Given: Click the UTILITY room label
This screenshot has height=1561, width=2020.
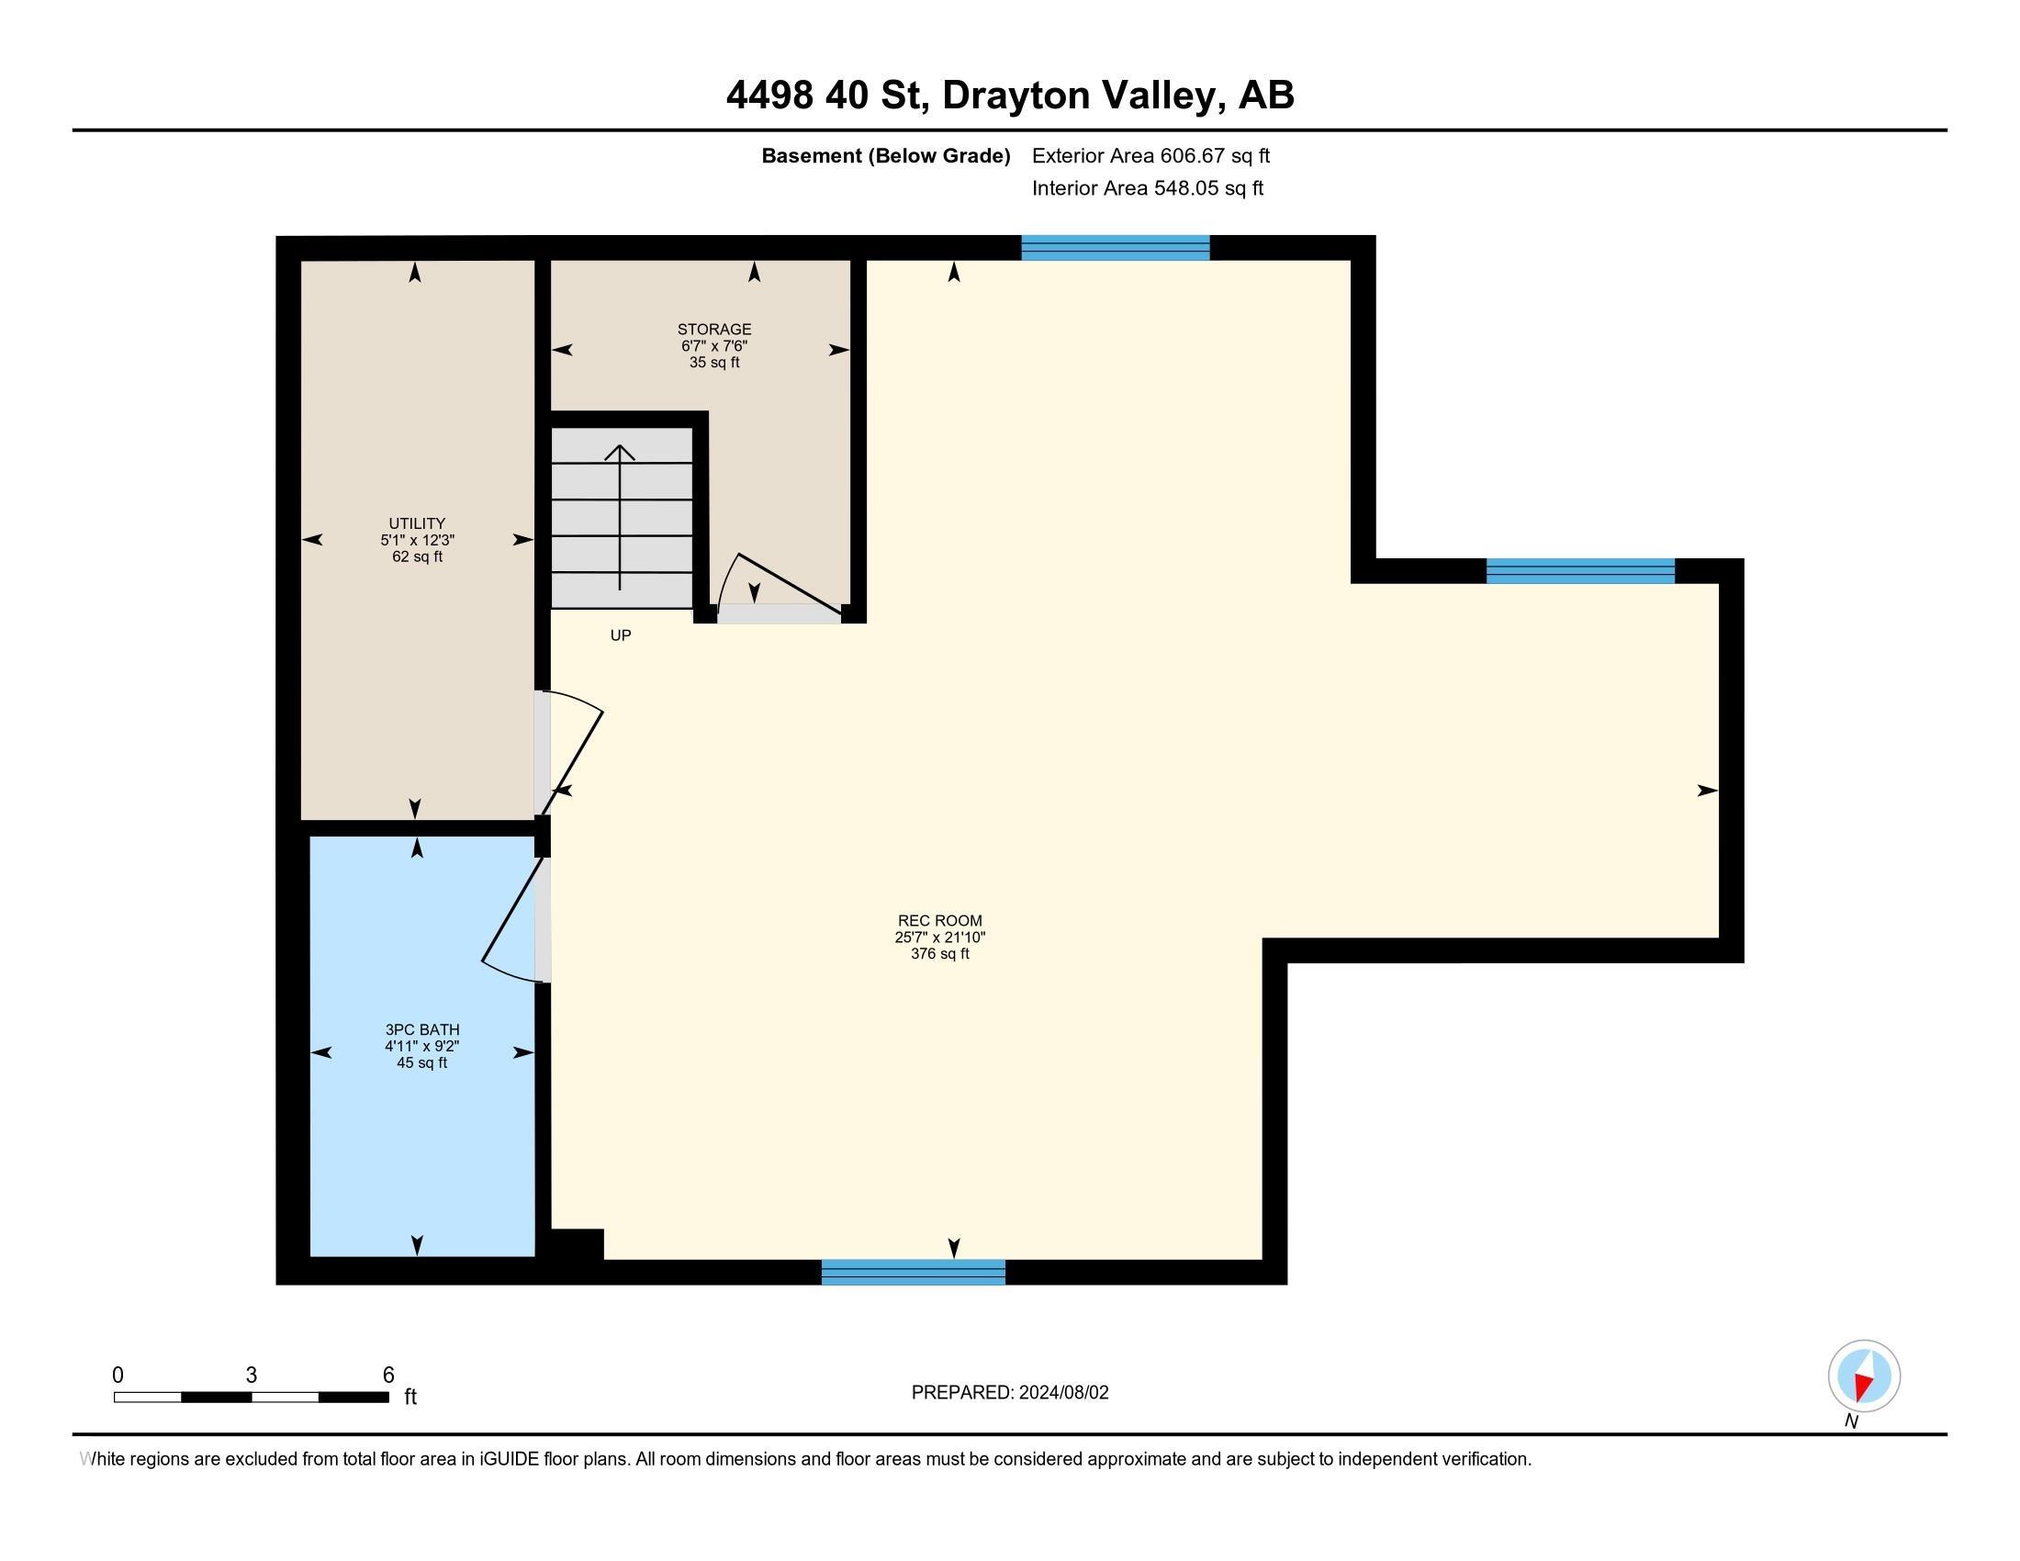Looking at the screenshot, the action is [x=417, y=523].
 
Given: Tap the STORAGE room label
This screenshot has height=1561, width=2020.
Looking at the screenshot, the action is [x=714, y=330].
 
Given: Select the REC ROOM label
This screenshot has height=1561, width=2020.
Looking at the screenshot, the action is [x=939, y=920].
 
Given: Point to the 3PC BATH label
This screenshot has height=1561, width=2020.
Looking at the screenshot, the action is [x=421, y=1029].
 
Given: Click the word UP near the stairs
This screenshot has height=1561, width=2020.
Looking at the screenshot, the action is [x=621, y=635].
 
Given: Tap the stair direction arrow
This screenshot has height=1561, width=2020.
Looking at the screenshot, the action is [x=620, y=517].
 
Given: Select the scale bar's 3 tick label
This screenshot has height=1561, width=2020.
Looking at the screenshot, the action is [x=251, y=1376].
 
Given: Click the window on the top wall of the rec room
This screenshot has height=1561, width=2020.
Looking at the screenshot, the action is [x=1116, y=248].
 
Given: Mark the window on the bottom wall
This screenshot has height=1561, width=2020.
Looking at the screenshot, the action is [x=913, y=1272].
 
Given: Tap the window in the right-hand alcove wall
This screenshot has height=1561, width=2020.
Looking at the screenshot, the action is [x=1581, y=570].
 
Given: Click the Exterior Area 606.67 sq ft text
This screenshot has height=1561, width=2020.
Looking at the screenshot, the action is [x=1150, y=156].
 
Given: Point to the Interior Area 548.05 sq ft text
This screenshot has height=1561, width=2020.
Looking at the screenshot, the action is [x=1147, y=188].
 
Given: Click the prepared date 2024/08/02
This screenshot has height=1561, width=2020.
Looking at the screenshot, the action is [x=1063, y=1393].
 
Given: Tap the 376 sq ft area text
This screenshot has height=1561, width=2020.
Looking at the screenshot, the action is [x=939, y=953].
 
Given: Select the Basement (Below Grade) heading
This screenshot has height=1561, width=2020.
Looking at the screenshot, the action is [x=885, y=156].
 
